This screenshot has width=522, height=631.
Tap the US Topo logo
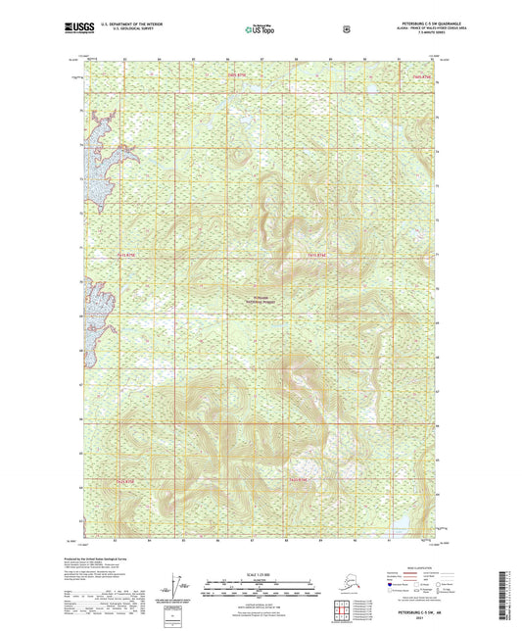260,30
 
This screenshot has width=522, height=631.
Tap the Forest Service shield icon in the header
346,29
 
